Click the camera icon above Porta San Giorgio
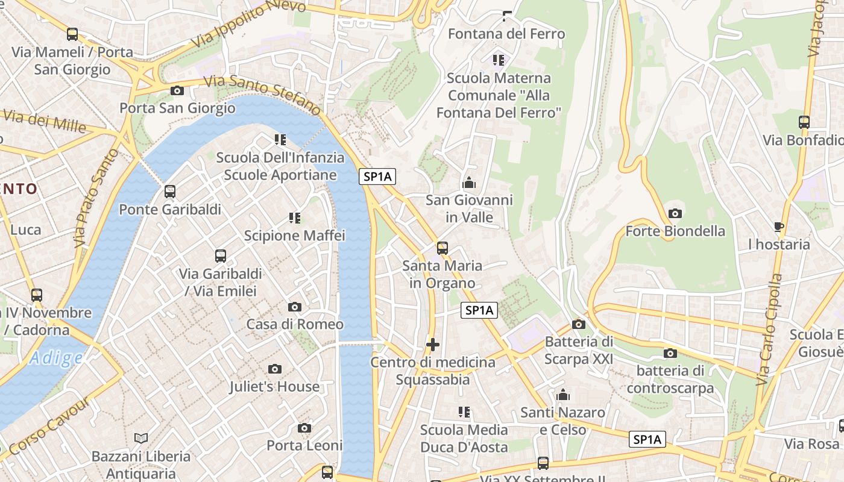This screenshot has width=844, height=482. click(177, 91)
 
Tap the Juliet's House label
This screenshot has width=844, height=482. click(274, 386)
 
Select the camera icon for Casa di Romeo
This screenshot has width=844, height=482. click(295, 307)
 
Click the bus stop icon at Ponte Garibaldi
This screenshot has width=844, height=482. click(170, 192)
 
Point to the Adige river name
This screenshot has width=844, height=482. click(56, 358)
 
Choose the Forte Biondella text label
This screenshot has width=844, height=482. click(675, 231)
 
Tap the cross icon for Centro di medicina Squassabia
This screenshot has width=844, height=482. click(433, 345)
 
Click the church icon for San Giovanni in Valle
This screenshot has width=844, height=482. click(468, 182)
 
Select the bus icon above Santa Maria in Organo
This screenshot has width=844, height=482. click(442, 248)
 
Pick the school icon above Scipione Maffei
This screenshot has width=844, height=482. click(294, 218)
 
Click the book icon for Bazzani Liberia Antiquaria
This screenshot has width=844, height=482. click(141, 439)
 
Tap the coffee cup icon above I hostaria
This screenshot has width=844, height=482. click(779, 227)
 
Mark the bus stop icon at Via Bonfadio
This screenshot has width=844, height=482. click(804, 122)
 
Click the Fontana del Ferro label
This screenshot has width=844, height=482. click(506, 34)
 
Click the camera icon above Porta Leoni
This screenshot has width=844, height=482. click(304, 428)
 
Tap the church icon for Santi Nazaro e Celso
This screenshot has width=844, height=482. click(563, 395)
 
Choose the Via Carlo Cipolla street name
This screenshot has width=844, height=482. click(769, 330)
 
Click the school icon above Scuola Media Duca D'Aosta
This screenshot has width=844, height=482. click(464, 412)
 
